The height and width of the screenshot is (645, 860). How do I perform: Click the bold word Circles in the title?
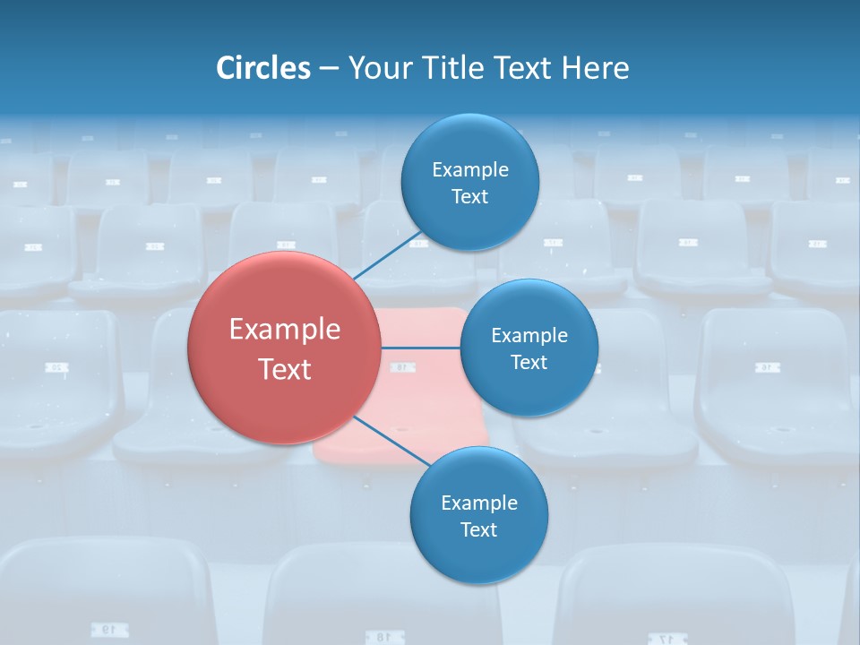point(262,68)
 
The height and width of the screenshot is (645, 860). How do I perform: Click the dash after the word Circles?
point(329,69)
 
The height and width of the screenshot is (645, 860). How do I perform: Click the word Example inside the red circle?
point(285,330)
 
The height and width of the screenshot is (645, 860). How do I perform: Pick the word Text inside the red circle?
point(285,369)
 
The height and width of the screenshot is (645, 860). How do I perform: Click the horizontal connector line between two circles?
point(421,348)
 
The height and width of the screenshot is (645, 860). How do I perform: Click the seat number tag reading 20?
point(56,367)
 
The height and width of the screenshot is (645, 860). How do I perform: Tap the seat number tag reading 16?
point(769,367)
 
